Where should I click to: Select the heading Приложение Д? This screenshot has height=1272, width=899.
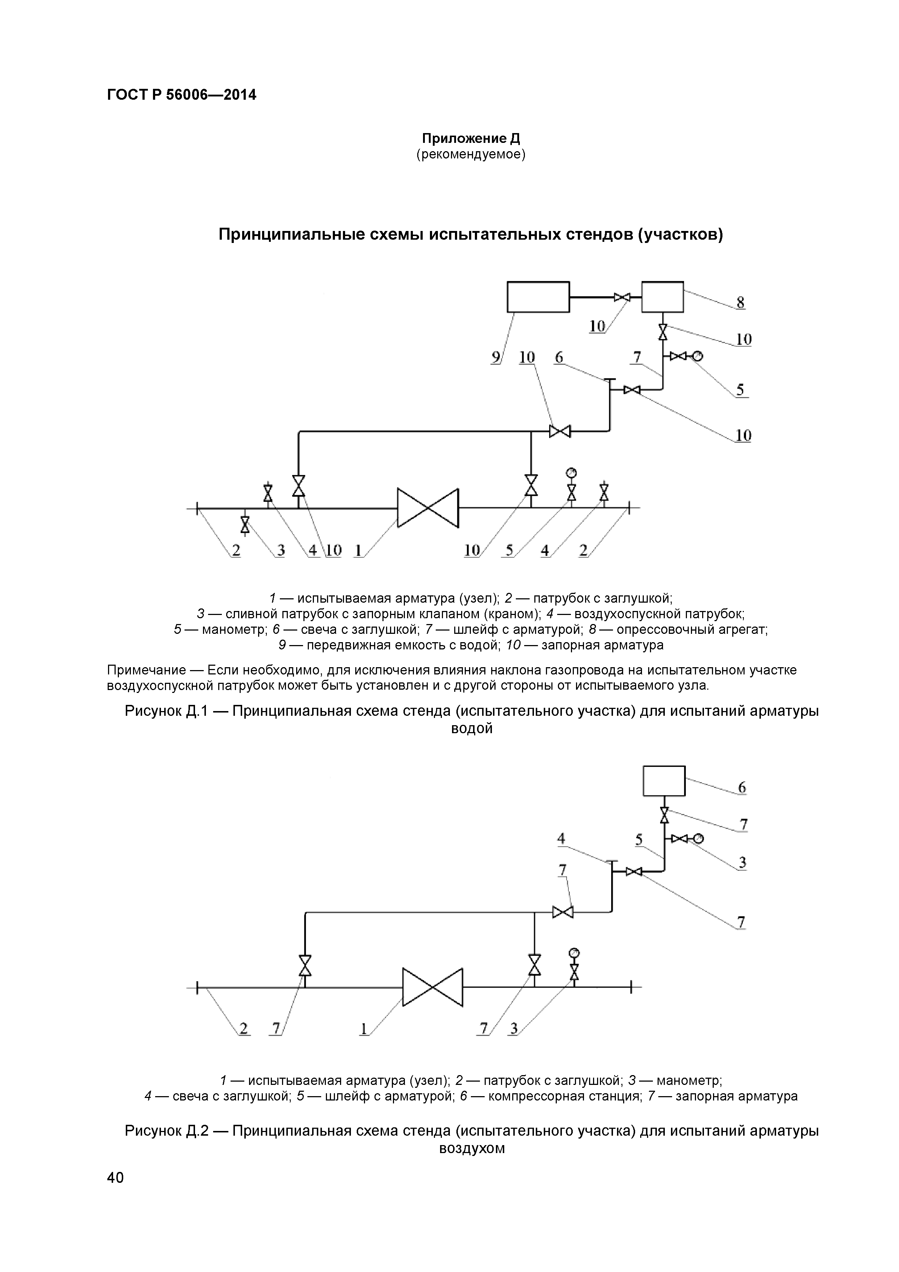(471, 139)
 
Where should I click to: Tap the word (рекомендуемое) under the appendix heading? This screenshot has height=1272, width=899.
(471, 154)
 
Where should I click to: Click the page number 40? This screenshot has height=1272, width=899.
(115, 1177)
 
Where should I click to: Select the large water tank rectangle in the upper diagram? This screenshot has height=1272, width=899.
(538, 297)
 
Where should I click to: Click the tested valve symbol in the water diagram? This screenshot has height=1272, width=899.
(428, 508)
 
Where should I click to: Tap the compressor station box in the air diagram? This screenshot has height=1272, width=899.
(664, 781)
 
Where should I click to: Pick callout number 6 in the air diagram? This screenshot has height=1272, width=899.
(742, 787)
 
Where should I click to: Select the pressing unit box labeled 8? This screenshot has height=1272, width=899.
(663, 297)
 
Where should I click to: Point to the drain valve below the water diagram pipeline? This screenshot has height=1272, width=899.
(245, 524)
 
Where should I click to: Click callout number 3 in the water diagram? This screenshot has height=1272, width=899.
(281, 550)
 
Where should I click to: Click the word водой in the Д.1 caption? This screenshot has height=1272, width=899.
(472, 728)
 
